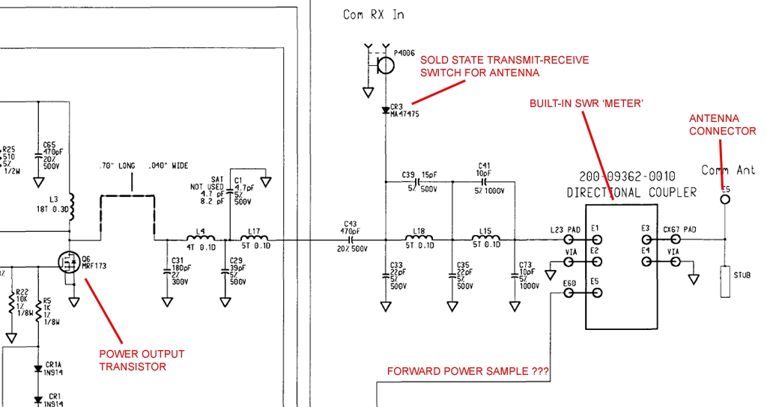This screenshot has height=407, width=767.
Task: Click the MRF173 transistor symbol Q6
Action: pos(69,261)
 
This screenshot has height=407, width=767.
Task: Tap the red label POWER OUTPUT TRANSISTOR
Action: pos(142,360)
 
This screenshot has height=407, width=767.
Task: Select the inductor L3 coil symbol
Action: pos(71,202)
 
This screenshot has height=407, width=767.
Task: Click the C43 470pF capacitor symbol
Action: pos(351,239)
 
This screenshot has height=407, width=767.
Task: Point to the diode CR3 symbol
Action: pos(386,110)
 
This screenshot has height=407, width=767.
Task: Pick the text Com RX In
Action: pos(375,14)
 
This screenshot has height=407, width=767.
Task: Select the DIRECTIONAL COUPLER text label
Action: pos(631,192)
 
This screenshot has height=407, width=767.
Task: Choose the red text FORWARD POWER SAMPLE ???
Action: pos(467,371)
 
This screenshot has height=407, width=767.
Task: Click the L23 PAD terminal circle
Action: pos(569,239)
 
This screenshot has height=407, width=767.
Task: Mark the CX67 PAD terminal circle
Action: pos(676,239)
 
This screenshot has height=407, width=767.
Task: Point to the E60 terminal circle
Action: pos(569,293)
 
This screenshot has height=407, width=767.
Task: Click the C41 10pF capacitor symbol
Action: pos(484,180)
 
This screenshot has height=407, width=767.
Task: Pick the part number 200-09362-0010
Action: pos(626,177)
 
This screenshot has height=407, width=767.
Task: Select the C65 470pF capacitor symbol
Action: pos(37,156)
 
